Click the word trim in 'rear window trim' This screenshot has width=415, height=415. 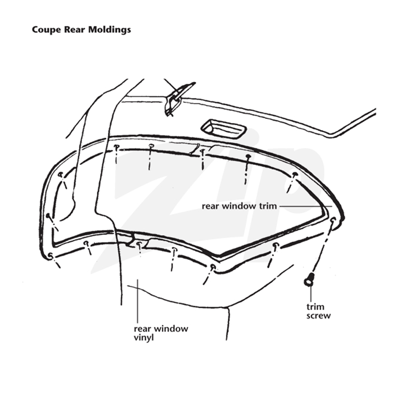click(x=267, y=206)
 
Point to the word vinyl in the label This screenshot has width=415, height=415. click(x=144, y=338)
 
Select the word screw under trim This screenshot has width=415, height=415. click(x=319, y=316)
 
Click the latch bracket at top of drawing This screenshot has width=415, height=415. click(x=177, y=98)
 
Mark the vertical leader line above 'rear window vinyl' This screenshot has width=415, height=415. click(x=137, y=301)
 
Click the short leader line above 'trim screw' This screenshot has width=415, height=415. click(x=310, y=294)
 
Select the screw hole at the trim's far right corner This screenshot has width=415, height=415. click(x=333, y=219)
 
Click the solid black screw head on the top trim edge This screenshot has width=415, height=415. click(x=248, y=157)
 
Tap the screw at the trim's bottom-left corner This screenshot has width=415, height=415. click(x=50, y=255)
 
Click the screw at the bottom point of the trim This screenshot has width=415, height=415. click(x=212, y=267)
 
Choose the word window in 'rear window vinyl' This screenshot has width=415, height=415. click(x=171, y=329)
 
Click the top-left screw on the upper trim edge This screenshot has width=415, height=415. click(x=116, y=147)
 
